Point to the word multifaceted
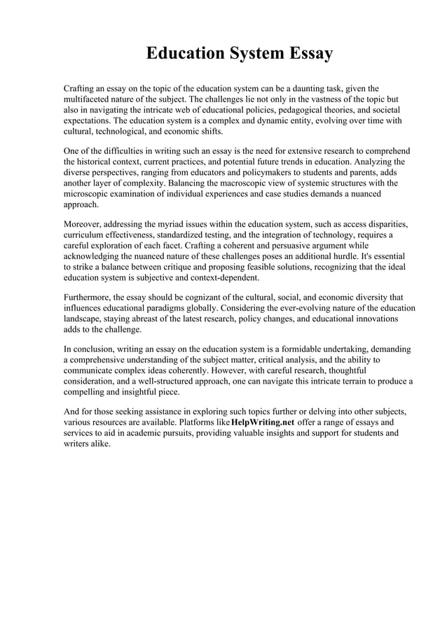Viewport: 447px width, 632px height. [90, 100]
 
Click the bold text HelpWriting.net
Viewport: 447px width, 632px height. [262, 423]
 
